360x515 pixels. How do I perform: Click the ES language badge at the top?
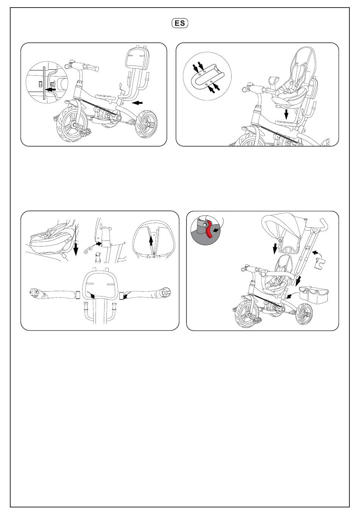[x=180, y=23]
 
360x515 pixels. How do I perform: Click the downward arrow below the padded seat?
[x=286, y=114]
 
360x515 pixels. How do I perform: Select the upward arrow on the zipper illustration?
[x=151, y=242]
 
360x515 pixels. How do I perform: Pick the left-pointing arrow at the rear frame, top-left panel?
[x=138, y=103]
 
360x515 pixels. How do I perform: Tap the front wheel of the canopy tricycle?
[x=247, y=314]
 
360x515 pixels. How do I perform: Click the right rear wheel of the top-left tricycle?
[x=146, y=124]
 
